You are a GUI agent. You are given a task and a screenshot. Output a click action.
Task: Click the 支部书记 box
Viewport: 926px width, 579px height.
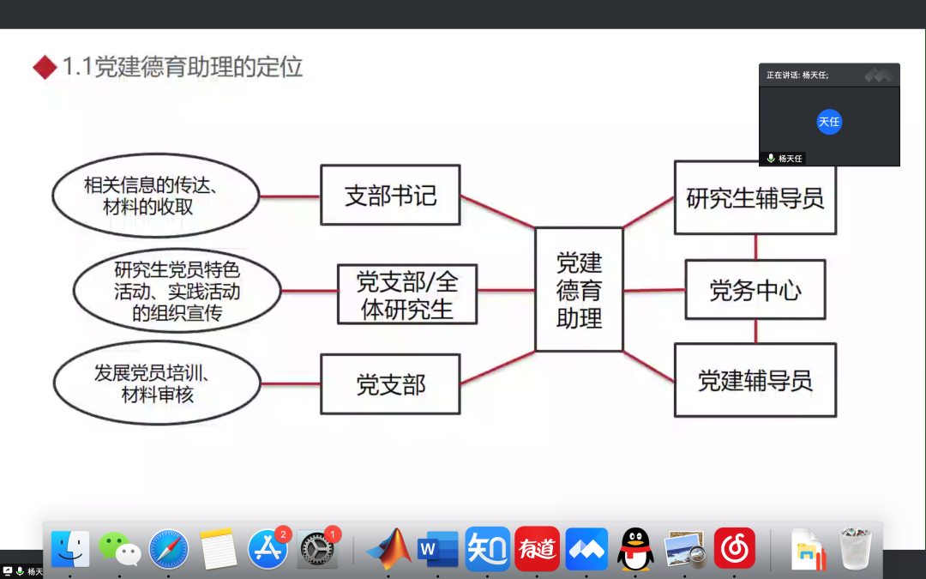390,196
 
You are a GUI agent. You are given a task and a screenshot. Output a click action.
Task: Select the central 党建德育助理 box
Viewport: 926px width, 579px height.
579,290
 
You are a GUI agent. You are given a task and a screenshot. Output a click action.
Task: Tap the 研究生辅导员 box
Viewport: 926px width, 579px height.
755,198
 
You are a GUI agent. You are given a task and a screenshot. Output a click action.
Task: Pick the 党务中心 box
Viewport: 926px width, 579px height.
755,290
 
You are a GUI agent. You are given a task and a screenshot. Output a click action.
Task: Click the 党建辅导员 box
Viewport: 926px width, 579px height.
755,380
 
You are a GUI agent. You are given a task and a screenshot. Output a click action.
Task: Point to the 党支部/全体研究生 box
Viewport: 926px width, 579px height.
407,294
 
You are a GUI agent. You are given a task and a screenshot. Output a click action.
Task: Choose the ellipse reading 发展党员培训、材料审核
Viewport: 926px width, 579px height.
157,384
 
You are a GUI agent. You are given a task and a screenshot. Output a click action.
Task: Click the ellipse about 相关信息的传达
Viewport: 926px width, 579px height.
155,196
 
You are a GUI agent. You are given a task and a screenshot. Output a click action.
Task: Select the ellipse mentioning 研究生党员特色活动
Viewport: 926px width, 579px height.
177,292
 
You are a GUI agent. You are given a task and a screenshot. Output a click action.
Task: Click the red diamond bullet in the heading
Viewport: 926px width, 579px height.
45,67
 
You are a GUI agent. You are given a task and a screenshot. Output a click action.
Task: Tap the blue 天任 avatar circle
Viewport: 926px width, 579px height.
829,122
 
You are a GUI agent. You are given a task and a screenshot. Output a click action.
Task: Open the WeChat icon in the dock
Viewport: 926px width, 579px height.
119,549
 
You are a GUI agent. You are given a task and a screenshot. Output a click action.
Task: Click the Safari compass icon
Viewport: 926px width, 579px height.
169,549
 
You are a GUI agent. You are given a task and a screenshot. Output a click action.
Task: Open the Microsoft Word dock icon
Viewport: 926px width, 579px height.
438,549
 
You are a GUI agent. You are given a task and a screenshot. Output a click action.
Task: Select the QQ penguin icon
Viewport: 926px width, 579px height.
635,549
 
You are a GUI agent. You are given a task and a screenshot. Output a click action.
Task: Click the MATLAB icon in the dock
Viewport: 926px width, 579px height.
388,549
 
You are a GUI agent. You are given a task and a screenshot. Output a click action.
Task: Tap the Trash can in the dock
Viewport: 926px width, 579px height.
856,549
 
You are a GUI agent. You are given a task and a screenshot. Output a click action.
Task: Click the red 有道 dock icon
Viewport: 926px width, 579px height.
537,549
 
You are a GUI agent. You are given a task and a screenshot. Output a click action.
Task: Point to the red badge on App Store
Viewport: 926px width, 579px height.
283,534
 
